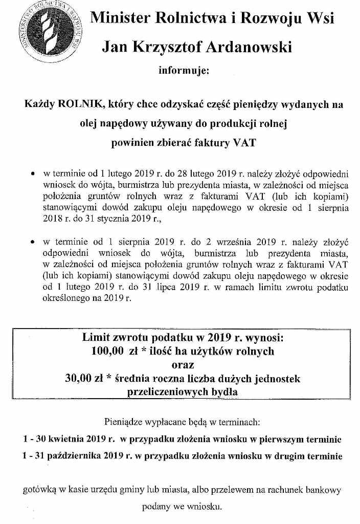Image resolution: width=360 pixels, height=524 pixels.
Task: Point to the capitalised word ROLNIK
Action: (81, 105)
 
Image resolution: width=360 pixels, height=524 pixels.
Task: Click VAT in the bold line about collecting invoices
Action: (244, 143)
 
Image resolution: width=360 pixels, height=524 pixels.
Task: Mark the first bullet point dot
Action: (33, 173)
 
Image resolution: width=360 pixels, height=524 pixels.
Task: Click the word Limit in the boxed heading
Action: (97, 338)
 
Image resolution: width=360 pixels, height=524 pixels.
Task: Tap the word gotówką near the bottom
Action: (40, 490)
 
